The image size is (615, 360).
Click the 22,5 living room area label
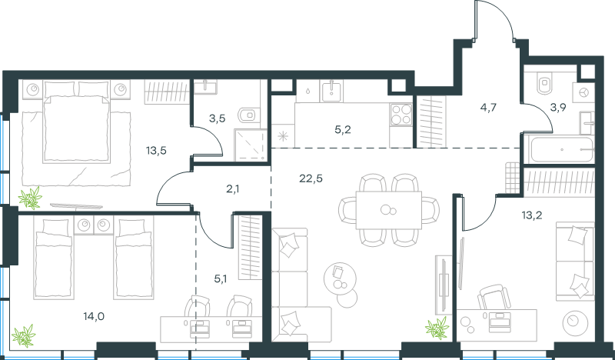(311, 178)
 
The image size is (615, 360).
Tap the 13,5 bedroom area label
(156, 150)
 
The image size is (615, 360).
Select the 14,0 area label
(94, 315)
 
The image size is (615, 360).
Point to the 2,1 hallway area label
(233, 189)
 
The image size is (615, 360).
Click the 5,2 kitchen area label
(343, 130)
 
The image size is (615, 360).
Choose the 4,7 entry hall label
(488, 108)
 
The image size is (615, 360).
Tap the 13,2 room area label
(532, 215)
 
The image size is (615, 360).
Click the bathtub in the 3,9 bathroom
(562, 149)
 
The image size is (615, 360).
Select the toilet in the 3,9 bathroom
(545, 84)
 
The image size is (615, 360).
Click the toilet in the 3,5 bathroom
(247, 115)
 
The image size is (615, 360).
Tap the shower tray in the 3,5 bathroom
(251, 145)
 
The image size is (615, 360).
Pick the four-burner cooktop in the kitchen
(401, 115)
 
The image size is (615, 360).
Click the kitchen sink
(331, 91)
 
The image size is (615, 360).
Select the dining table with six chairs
(389, 210)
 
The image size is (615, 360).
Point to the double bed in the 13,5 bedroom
(76, 121)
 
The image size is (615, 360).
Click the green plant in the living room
(437, 328)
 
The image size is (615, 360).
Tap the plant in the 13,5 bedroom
(30, 198)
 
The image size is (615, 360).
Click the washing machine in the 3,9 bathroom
(583, 93)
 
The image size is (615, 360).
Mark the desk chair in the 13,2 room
(494, 297)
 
